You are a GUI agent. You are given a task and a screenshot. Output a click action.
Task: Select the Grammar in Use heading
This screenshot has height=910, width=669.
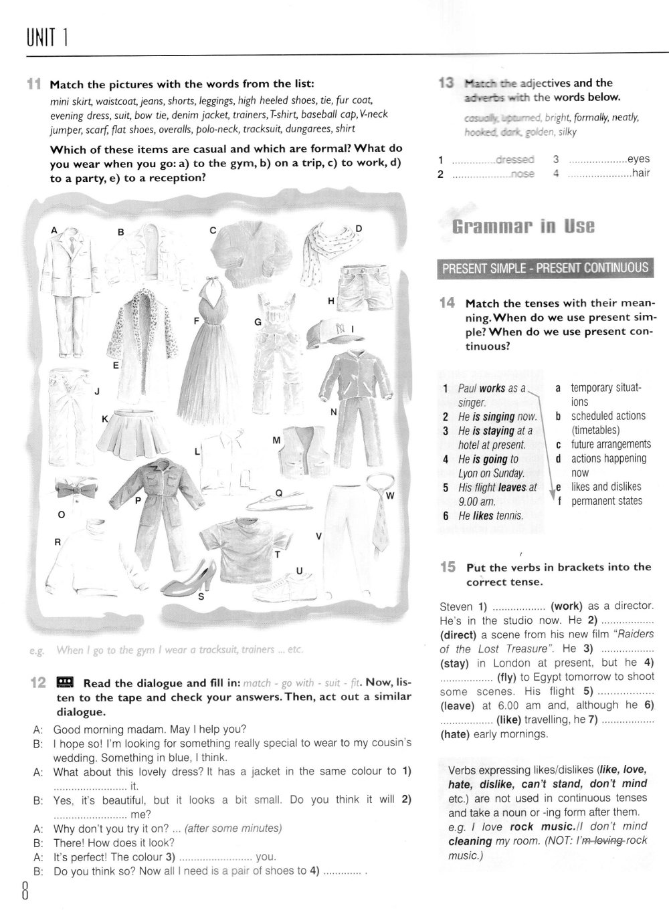coord(523,226)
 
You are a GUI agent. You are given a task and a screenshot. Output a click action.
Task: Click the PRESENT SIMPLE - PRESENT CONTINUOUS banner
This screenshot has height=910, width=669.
coord(545,268)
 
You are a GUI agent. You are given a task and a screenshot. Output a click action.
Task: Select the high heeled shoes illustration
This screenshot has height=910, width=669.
coord(192,574)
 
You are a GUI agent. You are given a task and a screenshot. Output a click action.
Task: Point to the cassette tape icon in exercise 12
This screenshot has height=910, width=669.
coord(65,682)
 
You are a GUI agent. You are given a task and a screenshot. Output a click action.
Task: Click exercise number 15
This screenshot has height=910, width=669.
coord(448,567)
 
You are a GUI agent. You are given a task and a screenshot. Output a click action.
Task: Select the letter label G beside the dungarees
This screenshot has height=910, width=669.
coord(257,322)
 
